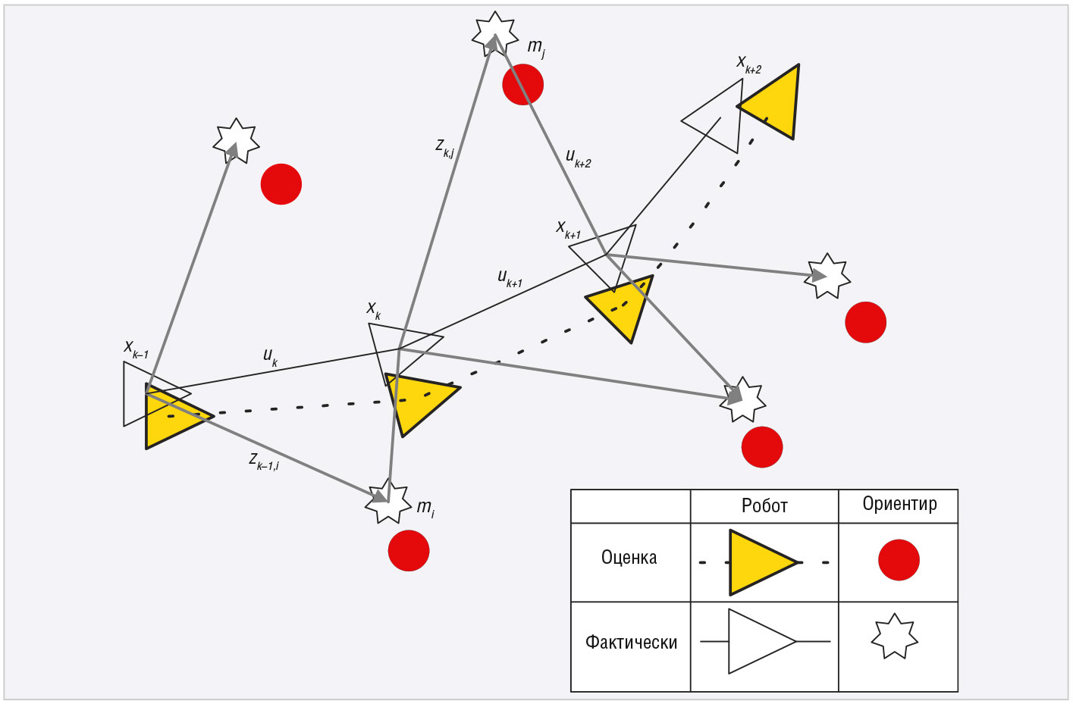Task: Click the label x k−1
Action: pos(136,349)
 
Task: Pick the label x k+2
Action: pos(748,64)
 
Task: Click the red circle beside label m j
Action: pos(522,84)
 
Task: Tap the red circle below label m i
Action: pos(409,551)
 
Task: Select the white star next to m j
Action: pos(494,33)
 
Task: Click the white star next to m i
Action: pos(388,501)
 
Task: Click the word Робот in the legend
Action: pos(764,506)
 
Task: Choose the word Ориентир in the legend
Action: pos(899,505)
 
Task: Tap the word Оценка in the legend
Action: pos(629,559)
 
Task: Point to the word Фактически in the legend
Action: pos(631,643)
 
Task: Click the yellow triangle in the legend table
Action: pos(759,562)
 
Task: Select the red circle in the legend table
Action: pos(899,560)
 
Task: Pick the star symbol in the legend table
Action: pos(895,637)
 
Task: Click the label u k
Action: pos(270,357)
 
